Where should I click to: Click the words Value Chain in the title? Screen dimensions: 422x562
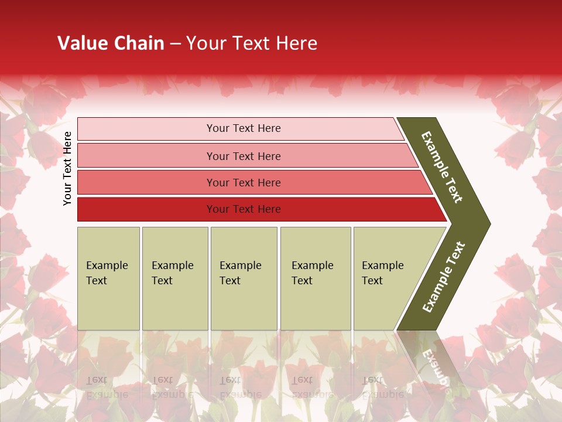(111, 43)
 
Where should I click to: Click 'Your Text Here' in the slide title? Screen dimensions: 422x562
(252, 43)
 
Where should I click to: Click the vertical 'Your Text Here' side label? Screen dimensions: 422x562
(67, 168)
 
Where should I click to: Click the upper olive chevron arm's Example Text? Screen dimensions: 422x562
(443, 167)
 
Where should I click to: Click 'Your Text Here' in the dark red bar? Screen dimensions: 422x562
(244, 209)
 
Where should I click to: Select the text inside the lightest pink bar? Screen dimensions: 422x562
(244, 128)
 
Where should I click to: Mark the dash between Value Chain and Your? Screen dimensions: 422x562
(175, 44)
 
